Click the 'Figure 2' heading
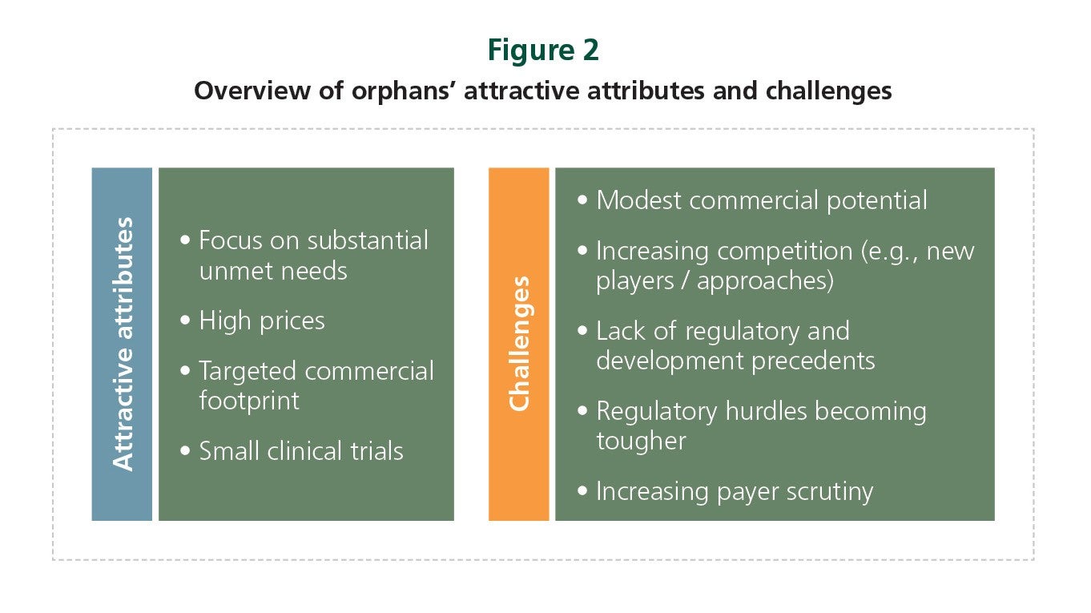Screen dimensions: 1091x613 pyautogui.click(x=543, y=50)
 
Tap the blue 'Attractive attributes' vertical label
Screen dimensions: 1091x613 pyautogui.click(x=123, y=344)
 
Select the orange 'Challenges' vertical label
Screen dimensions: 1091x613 pyautogui.click(x=519, y=344)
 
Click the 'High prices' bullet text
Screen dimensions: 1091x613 pyautogui.click(x=262, y=321)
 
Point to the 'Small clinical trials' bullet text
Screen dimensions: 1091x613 pyautogui.click(x=301, y=451)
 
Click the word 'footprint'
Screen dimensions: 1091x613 pyautogui.click(x=249, y=401)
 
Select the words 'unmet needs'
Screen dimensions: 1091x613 pyautogui.click(x=273, y=271)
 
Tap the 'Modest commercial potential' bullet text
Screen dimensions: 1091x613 pyautogui.click(x=762, y=200)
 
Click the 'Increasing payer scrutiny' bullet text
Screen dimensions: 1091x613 pyautogui.click(x=735, y=491)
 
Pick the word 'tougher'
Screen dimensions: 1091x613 pyautogui.click(x=642, y=441)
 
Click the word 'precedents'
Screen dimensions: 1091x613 pyautogui.click(x=813, y=361)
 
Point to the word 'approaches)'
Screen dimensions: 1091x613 pyautogui.click(x=765, y=281)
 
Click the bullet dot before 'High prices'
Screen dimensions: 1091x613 pyautogui.click(x=185, y=321)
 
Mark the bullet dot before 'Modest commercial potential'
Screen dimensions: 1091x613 pyautogui.click(x=582, y=200)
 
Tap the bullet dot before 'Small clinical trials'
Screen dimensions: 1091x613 pyautogui.click(x=185, y=450)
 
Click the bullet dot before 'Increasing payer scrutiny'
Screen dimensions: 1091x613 pyautogui.click(x=582, y=490)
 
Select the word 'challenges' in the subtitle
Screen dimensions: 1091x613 pyautogui.click(x=828, y=91)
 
